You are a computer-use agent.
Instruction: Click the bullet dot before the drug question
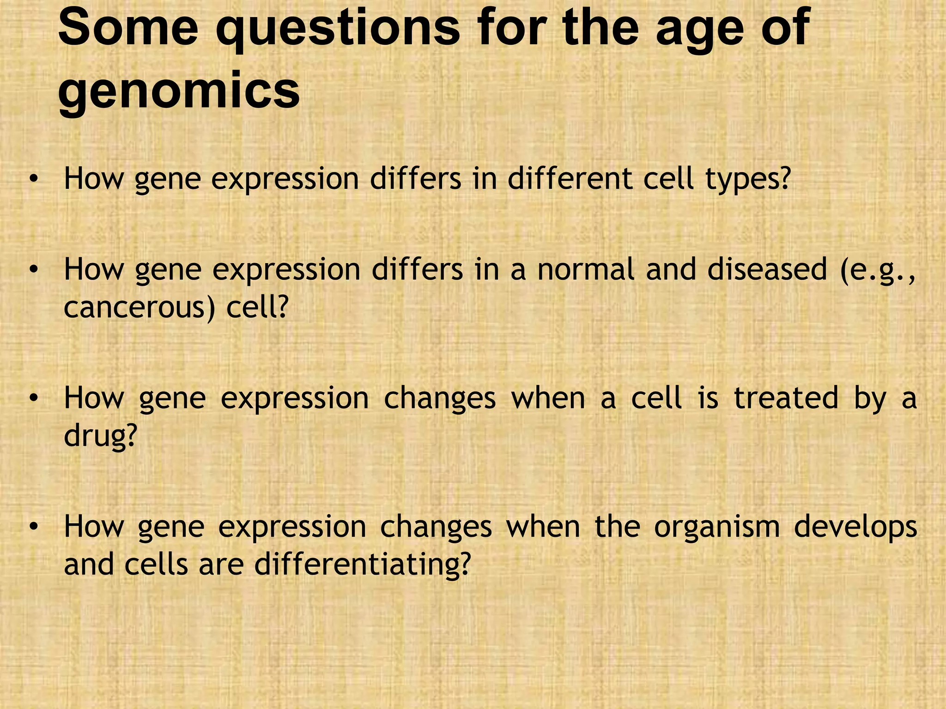(32, 399)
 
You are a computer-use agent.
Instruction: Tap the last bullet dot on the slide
(32, 527)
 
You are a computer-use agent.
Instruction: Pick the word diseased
(767, 270)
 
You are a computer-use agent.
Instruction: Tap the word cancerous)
(139, 307)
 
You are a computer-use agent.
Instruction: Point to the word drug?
(101, 437)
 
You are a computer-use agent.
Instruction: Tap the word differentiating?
(362, 564)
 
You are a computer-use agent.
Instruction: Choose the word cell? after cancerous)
(257, 307)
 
